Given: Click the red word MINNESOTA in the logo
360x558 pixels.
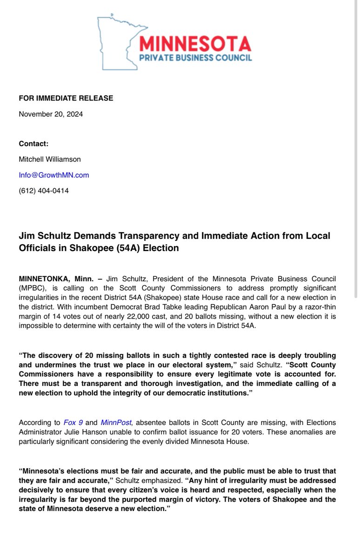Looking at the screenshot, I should pos(195,44).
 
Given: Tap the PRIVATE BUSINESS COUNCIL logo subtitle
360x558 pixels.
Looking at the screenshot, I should pos(195,58).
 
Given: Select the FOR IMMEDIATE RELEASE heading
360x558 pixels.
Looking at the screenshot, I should pos(66,98).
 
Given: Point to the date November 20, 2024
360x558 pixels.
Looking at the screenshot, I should pos(51,114).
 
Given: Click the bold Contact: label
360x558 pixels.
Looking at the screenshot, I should pos(33,143).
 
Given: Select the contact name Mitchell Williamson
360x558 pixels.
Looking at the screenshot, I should pos(50,159).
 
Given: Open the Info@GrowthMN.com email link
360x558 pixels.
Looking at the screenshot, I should pos(53,175).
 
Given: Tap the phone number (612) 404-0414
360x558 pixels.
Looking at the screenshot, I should pos(44,191).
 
